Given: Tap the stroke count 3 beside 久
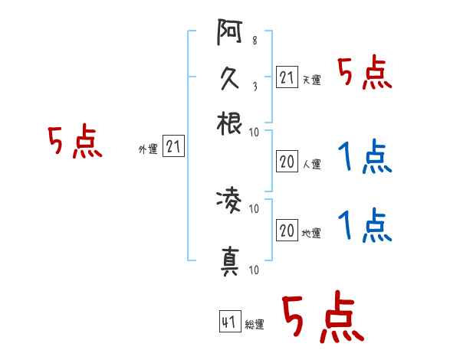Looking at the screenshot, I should click(254, 86).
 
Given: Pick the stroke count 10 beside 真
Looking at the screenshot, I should click(254, 269).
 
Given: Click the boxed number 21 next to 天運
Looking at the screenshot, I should click(287, 77).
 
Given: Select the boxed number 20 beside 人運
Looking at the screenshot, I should click(287, 162).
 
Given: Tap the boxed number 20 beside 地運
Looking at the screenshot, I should click(287, 231).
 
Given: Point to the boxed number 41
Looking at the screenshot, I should click(228, 322).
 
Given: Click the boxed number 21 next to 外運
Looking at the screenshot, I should click(173, 147).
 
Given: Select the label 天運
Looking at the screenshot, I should click(311, 80).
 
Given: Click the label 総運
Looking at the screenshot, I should click(254, 325).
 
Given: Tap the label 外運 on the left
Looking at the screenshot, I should click(147, 149).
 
